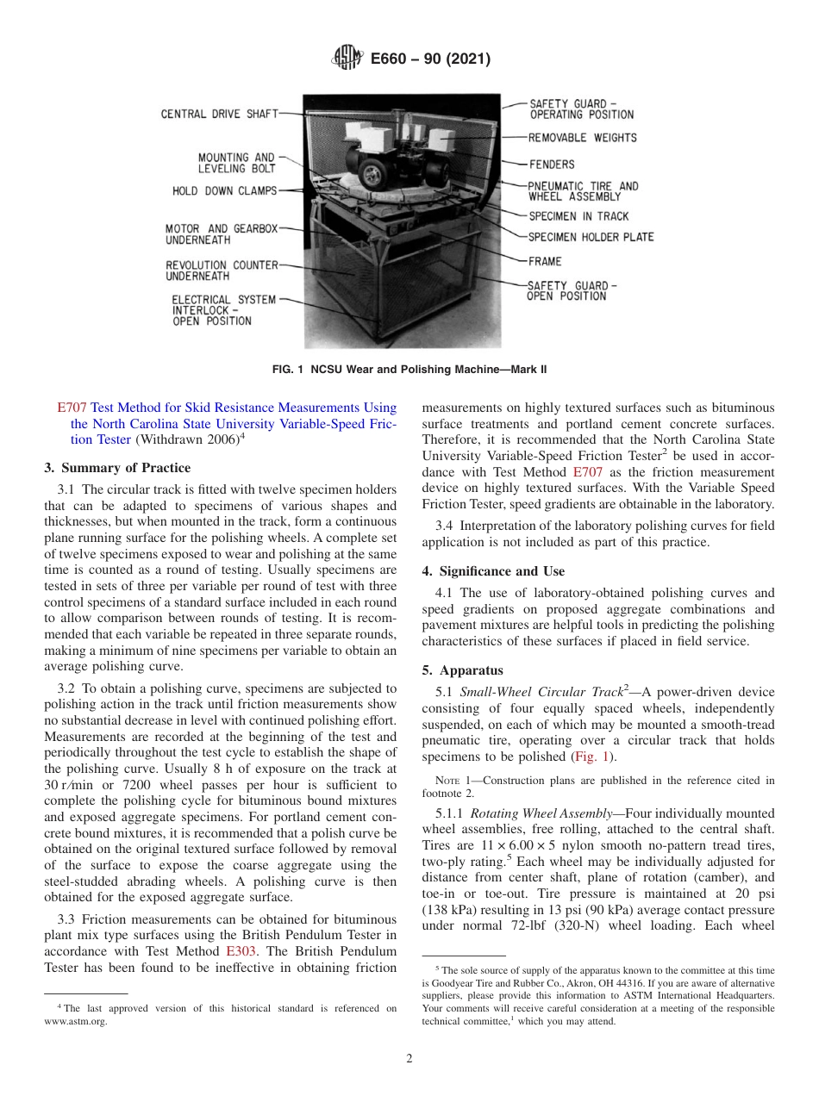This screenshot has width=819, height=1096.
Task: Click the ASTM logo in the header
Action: [x=347, y=59]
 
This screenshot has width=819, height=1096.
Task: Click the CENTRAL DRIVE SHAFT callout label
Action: [x=219, y=114]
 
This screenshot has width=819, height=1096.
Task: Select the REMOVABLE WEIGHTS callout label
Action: [x=582, y=138]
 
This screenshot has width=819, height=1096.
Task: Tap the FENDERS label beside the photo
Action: [x=551, y=164]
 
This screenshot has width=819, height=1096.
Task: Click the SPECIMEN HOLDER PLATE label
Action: [x=591, y=237]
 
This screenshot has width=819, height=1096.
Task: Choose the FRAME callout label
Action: [x=544, y=261]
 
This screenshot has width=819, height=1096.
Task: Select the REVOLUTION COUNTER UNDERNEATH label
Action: [x=222, y=271]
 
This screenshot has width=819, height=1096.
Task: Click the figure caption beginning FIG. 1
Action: [x=409, y=370]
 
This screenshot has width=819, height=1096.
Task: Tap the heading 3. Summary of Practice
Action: [x=117, y=468]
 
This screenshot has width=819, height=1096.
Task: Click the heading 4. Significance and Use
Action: [x=493, y=571]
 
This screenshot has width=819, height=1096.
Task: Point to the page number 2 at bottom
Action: [x=409, y=1059]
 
